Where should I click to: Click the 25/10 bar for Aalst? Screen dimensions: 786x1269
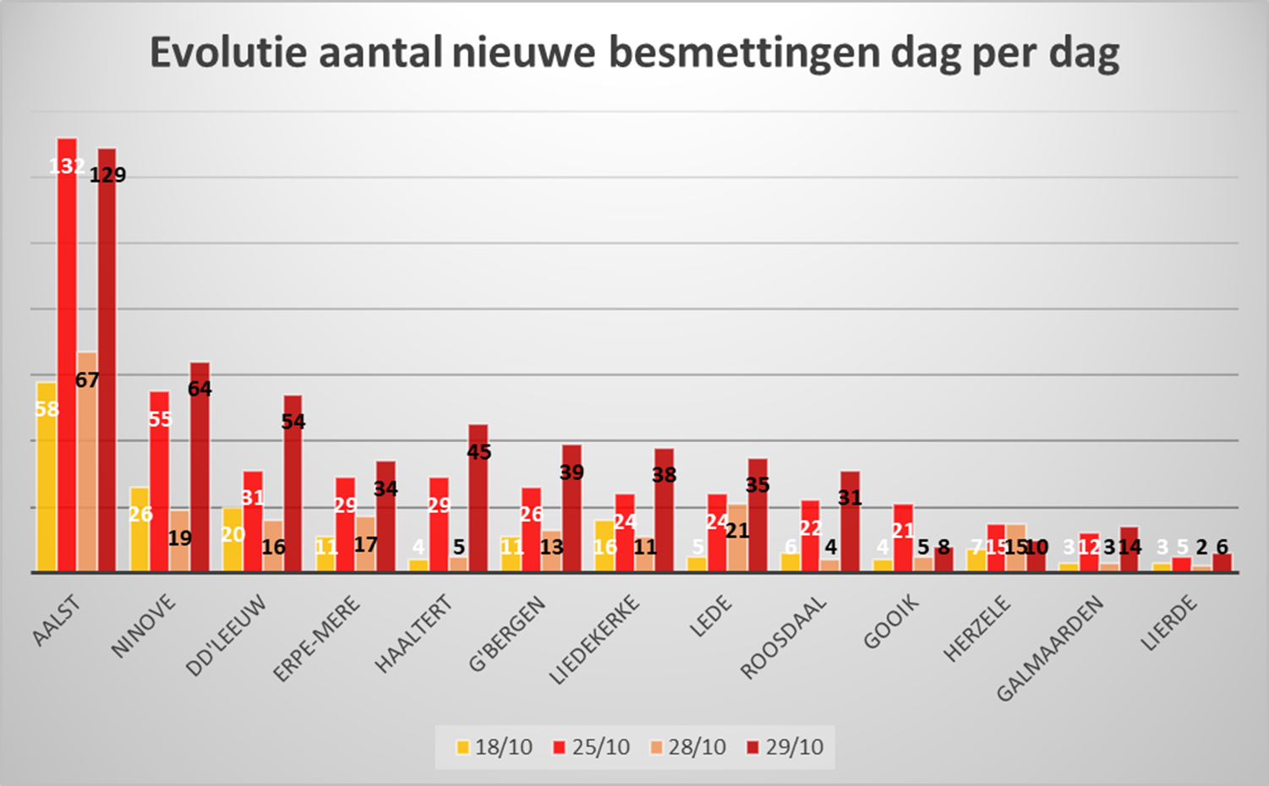click(67, 355)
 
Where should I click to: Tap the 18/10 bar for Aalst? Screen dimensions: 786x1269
click(46, 478)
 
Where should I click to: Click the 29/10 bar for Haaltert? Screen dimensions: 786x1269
click(479, 499)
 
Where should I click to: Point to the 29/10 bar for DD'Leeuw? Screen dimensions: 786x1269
click(293, 484)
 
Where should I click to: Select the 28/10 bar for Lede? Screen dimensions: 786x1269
click(737, 538)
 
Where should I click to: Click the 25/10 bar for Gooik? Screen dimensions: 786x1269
click(903, 538)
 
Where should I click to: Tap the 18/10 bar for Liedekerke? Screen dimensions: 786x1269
click(604, 546)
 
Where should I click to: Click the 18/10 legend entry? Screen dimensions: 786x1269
click(495, 747)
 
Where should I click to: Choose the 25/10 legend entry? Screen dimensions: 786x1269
click(592, 747)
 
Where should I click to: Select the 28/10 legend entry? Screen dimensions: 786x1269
click(688, 747)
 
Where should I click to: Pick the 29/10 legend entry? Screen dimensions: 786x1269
click(785, 747)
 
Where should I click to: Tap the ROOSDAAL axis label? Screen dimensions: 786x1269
click(783, 637)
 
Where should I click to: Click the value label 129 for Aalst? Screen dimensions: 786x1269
click(108, 175)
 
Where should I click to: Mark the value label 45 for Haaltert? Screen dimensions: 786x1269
click(479, 452)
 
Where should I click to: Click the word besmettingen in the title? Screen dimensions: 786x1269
click(744, 52)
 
